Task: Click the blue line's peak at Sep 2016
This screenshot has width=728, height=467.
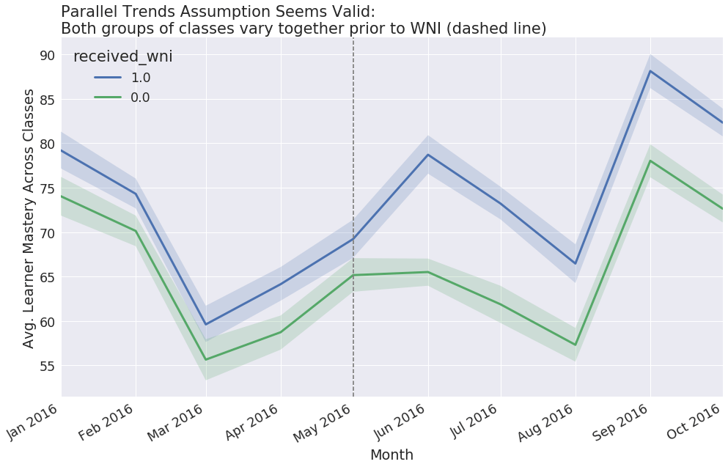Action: click(x=650, y=71)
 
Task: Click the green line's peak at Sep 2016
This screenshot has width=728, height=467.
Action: click(x=650, y=161)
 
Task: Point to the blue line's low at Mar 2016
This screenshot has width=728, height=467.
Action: click(x=206, y=324)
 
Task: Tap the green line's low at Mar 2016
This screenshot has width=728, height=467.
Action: click(x=206, y=359)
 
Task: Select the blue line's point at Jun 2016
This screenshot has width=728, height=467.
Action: click(x=428, y=155)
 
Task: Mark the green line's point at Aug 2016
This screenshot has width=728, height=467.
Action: click(x=576, y=345)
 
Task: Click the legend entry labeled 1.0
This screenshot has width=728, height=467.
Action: click(x=140, y=78)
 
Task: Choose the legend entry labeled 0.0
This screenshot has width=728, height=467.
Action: click(x=140, y=98)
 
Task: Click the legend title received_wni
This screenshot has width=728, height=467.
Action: click(x=122, y=57)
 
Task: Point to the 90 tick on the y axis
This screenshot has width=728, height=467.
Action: click(x=46, y=55)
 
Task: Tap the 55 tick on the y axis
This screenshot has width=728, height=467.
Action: click(x=46, y=366)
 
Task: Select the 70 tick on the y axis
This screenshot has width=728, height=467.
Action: click(x=46, y=232)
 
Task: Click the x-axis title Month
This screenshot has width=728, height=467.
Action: click(x=391, y=455)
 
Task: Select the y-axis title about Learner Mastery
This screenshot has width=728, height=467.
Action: click(x=29, y=218)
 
